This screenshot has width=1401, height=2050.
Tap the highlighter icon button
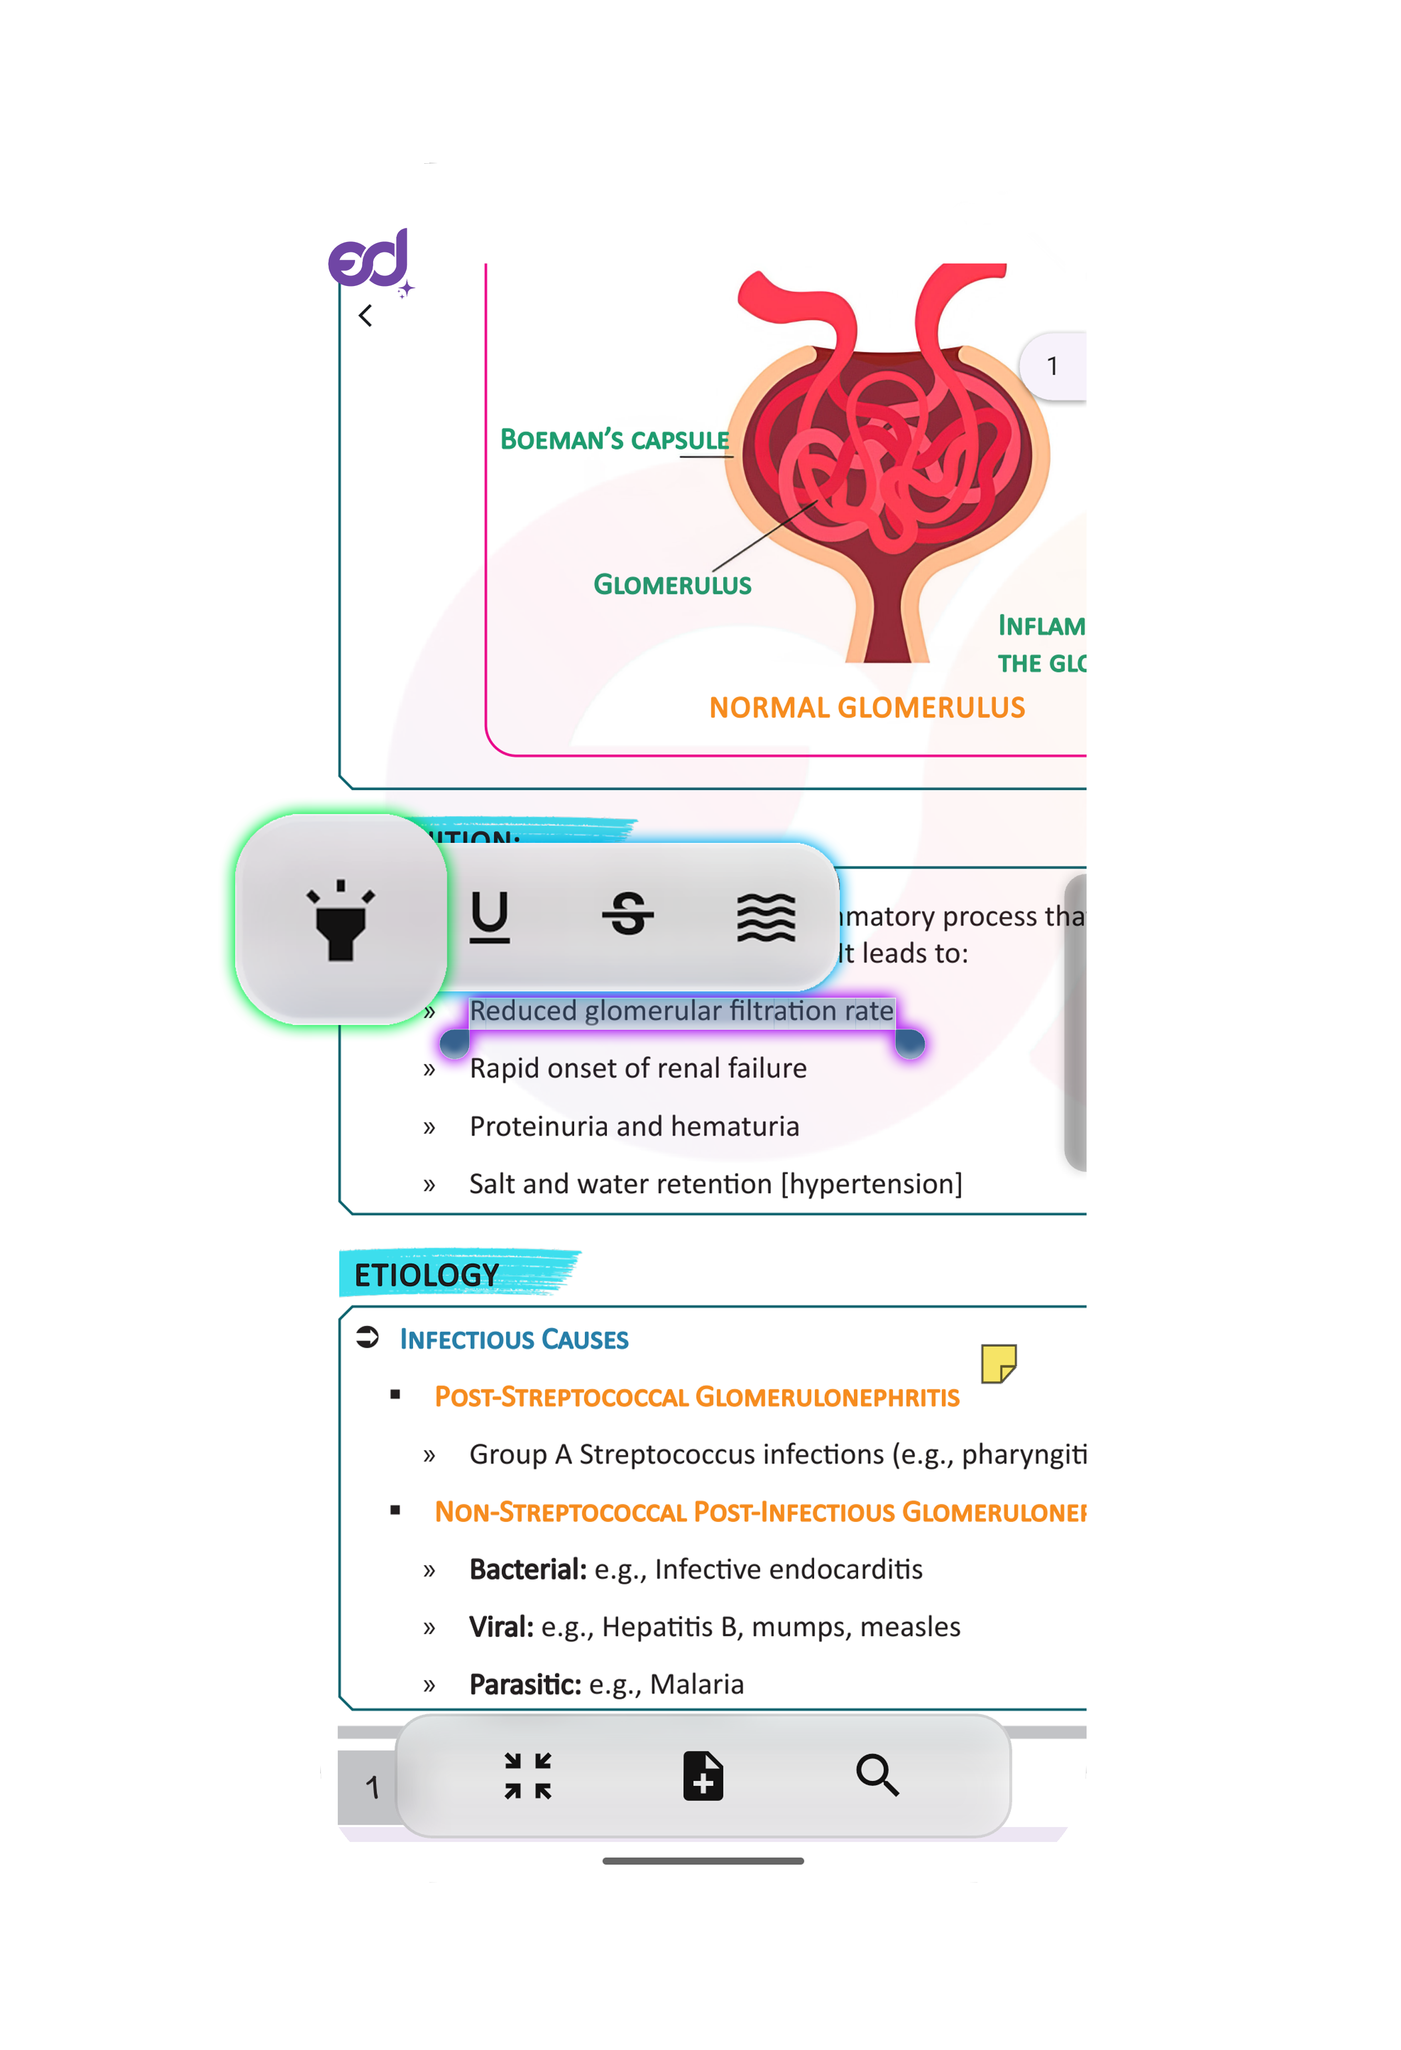pos(341,919)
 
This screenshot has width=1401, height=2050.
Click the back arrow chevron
pos(365,316)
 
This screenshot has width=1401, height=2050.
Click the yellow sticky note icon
pos(998,1363)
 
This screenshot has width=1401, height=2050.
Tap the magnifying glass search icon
pos(877,1775)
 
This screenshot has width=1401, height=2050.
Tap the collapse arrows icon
pos(528,1775)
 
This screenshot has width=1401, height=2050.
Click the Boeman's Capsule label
pos(614,439)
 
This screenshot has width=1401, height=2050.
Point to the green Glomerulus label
pos(672,585)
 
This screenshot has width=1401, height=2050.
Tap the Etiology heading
pos(427,1275)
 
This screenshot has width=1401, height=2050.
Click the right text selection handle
pos(910,1043)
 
